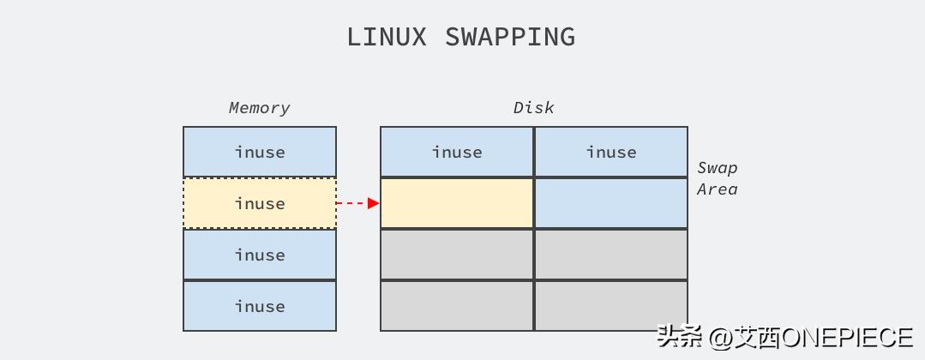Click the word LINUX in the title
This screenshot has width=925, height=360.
(386, 37)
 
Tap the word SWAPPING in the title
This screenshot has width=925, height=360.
(509, 37)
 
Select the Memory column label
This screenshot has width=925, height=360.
(259, 108)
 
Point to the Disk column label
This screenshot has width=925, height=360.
(533, 108)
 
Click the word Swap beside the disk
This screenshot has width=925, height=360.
(717, 168)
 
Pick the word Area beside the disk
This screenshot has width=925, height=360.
(717, 189)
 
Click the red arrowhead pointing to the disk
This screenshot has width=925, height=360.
(373, 203)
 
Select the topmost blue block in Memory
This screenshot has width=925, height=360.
(260, 152)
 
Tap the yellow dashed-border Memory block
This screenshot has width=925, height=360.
(260, 203)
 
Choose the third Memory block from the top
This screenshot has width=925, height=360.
(260, 255)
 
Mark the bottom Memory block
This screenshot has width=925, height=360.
(260, 306)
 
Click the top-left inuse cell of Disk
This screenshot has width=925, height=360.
(457, 152)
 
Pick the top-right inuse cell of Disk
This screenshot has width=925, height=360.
(611, 152)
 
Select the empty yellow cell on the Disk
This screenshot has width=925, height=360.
(457, 203)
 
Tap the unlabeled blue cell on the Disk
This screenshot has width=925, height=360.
(611, 203)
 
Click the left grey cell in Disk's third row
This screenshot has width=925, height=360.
(457, 255)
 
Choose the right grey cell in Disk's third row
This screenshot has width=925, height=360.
(611, 255)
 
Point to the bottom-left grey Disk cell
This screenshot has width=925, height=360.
(457, 305)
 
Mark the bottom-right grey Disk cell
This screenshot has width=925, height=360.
(611, 305)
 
